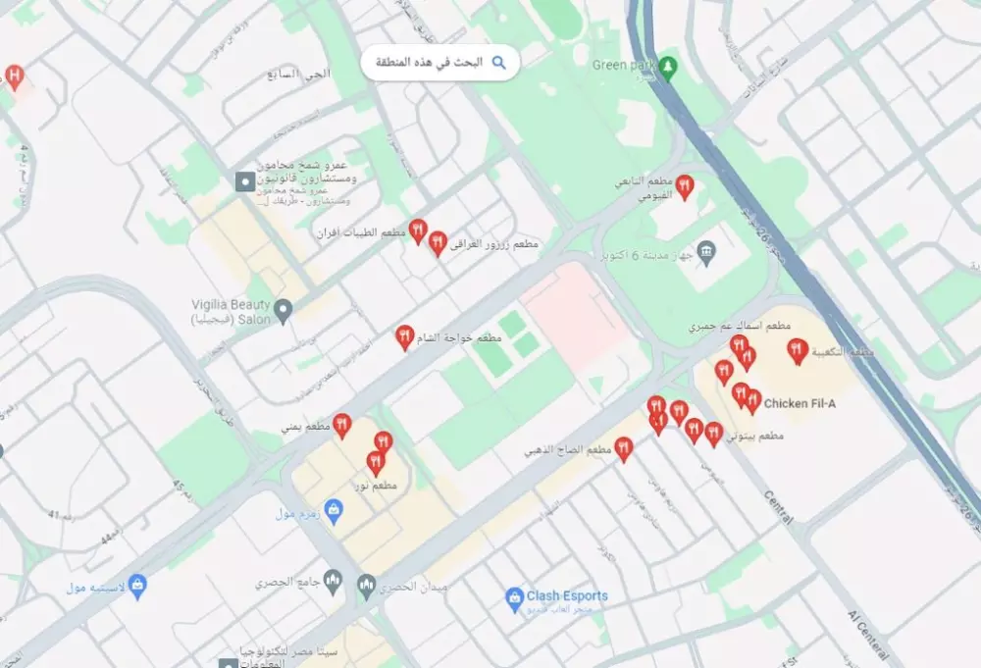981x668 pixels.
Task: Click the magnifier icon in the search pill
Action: click(x=498, y=63)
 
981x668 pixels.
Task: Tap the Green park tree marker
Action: click(x=668, y=67)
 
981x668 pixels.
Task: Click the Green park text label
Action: click(x=623, y=65)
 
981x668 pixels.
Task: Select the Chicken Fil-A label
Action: click(x=799, y=403)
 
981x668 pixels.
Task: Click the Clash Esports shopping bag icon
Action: click(x=513, y=596)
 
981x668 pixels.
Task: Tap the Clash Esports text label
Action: click(x=567, y=595)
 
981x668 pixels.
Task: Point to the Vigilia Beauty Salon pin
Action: click(x=283, y=311)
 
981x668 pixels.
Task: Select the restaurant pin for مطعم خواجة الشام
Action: click(x=404, y=336)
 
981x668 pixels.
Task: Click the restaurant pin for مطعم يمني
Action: click(x=341, y=424)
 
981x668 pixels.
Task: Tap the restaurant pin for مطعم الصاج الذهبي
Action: click(x=623, y=448)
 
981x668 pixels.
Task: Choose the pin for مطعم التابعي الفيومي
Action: click(x=685, y=185)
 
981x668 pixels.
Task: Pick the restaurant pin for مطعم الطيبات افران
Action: click(x=418, y=231)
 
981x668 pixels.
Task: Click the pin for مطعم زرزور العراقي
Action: click(x=438, y=242)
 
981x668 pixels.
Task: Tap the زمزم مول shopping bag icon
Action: click(x=334, y=510)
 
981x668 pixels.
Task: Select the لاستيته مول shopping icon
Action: click(x=137, y=586)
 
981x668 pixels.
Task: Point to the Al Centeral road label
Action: click(x=870, y=634)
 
